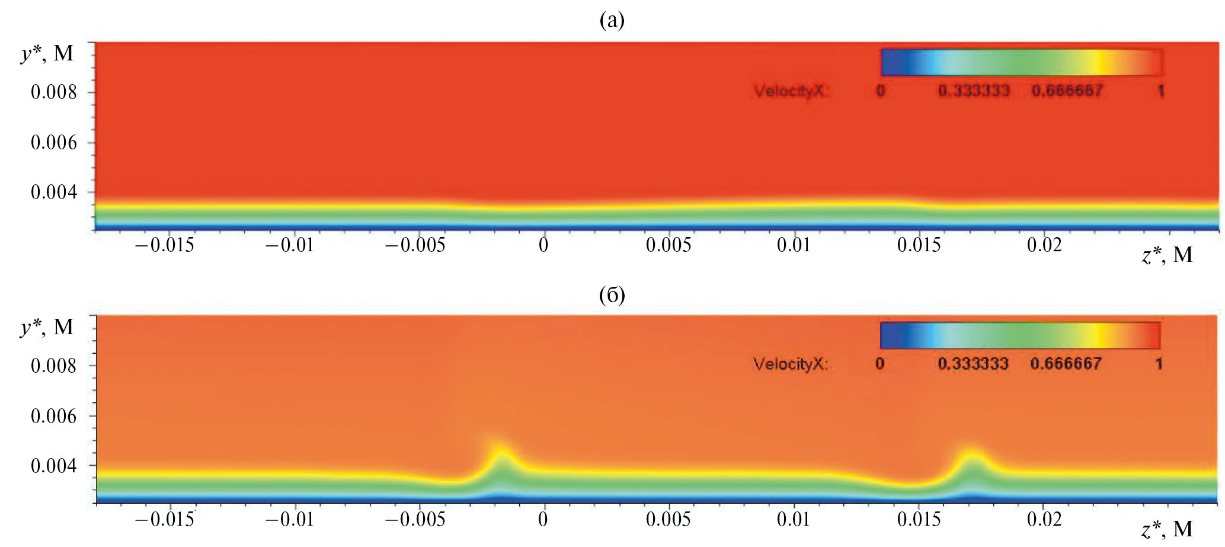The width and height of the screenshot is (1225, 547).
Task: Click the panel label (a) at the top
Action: (612, 21)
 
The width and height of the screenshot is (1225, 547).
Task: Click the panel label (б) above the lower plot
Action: (612, 295)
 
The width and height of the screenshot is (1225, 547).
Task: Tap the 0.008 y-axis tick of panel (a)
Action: (54, 92)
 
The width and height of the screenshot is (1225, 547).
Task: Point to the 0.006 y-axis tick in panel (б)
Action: (54, 416)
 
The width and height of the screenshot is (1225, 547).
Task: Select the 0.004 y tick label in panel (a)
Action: (54, 193)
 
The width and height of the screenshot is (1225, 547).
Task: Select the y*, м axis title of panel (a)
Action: (47, 54)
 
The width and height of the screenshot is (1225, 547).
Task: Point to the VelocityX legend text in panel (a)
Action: (791, 91)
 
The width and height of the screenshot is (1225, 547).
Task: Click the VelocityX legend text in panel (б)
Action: (791, 364)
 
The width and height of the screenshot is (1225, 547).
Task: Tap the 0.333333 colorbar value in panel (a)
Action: (974, 91)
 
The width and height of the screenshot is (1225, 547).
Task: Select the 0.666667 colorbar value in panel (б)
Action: (1066, 364)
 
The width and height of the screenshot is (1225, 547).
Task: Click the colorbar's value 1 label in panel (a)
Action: (1160, 91)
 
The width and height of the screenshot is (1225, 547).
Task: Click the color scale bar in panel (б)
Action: (1020, 335)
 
